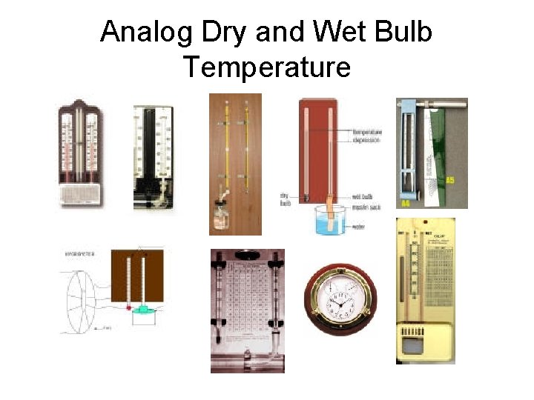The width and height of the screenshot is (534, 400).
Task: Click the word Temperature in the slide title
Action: [267, 67]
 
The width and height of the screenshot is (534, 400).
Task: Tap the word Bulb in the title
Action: [400, 32]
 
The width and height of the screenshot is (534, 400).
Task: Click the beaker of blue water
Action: [331, 220]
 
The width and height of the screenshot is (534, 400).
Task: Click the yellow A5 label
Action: [449, 180]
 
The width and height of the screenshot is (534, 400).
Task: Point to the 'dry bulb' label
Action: [285, 199]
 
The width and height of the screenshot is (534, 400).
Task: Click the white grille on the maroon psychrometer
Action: [79, 194]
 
